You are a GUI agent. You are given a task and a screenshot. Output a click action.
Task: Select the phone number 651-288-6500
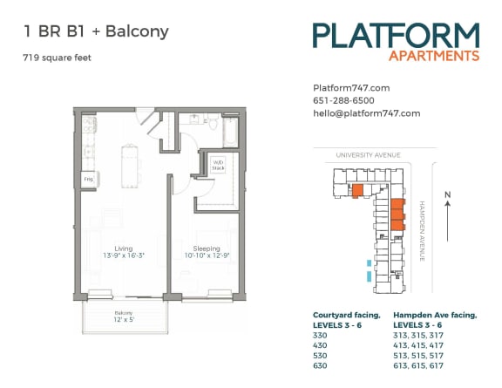344,100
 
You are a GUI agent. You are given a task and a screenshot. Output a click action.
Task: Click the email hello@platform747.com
366,113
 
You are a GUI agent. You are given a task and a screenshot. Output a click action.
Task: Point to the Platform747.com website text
350,87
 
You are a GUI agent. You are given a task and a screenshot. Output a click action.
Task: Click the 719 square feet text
58,58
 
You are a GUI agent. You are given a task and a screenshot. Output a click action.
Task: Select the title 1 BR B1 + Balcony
97,32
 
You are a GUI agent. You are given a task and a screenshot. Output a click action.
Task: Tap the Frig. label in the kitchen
88,180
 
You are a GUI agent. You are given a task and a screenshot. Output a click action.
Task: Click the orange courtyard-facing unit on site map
356,190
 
